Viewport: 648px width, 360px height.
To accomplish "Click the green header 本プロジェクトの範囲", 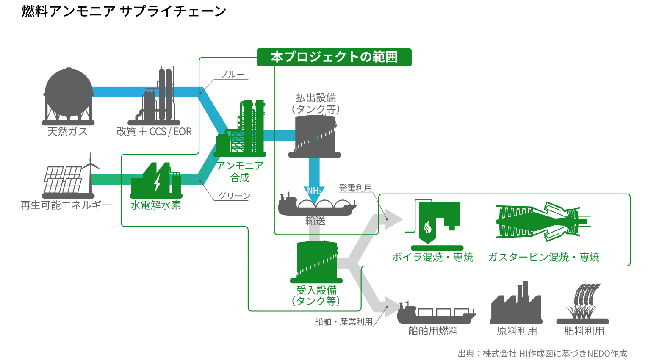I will coord(334,57).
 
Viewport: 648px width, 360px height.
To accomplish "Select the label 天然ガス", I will coord(67,132).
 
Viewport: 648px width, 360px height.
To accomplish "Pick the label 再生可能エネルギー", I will coord(66,205).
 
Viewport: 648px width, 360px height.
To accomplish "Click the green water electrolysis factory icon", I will coord(156,181).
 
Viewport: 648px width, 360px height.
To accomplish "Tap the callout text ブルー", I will coord(232,75).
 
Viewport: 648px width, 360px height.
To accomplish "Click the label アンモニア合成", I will coord(240,172).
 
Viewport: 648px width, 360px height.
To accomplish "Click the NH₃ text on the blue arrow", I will coord(314,191).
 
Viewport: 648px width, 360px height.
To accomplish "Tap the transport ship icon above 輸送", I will coord(317,206).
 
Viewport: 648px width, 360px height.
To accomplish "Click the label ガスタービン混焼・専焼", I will coord(543,257).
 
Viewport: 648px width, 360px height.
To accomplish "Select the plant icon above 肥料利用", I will coord(583,303).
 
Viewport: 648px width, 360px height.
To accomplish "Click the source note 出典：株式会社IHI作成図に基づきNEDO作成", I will coord(542,354).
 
